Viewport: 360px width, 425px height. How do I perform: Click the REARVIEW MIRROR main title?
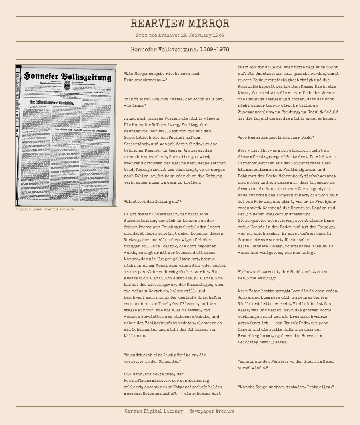(x=180, y=24)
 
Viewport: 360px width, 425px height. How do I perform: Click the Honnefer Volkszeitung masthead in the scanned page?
(x=67, y=76)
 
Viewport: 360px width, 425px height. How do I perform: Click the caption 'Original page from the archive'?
(x=45, y=209)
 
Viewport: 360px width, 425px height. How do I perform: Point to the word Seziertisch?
(x=136, y=144)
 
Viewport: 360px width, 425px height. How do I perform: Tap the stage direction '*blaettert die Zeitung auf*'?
(x=152, y=202)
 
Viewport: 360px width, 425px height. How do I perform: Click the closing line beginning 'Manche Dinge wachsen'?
(x=286, y=387)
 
